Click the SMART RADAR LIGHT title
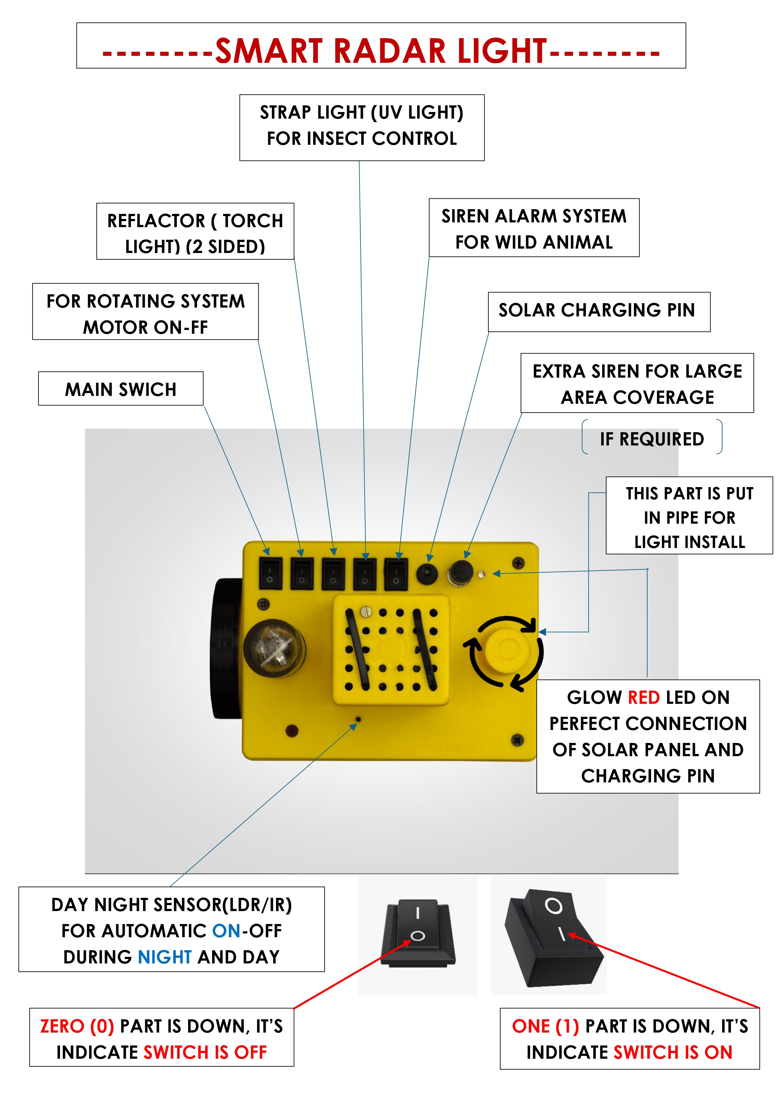point(381,50)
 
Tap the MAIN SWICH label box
point(121,389)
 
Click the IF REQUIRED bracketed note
point(652,439)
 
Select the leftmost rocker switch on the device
point(271,573)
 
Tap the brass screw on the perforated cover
point(367,612)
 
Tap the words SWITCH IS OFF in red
point(205,1052)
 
